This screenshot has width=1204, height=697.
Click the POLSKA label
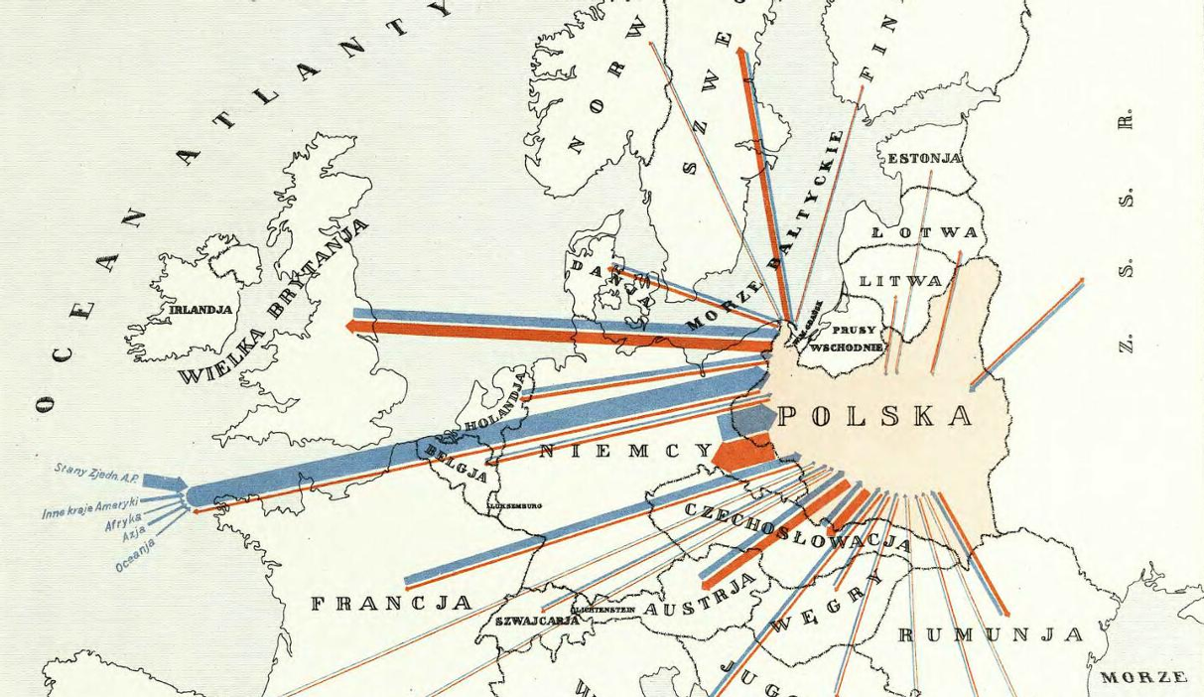click(x=874, y=416)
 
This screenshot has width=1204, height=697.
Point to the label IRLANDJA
click(x=201, y=310)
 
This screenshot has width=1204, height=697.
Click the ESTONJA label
click(x=924, y=158)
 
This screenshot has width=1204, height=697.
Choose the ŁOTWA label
click(x=924, y=232)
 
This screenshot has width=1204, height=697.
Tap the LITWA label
click(x=900, y=281)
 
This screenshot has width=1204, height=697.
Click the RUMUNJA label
click(x=990, y=634)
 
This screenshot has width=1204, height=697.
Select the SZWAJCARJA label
click(x=537, y=621)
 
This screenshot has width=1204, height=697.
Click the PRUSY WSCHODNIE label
click(x=847, y=339)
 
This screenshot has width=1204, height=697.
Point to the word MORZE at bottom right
click(x=1143, y=678)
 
